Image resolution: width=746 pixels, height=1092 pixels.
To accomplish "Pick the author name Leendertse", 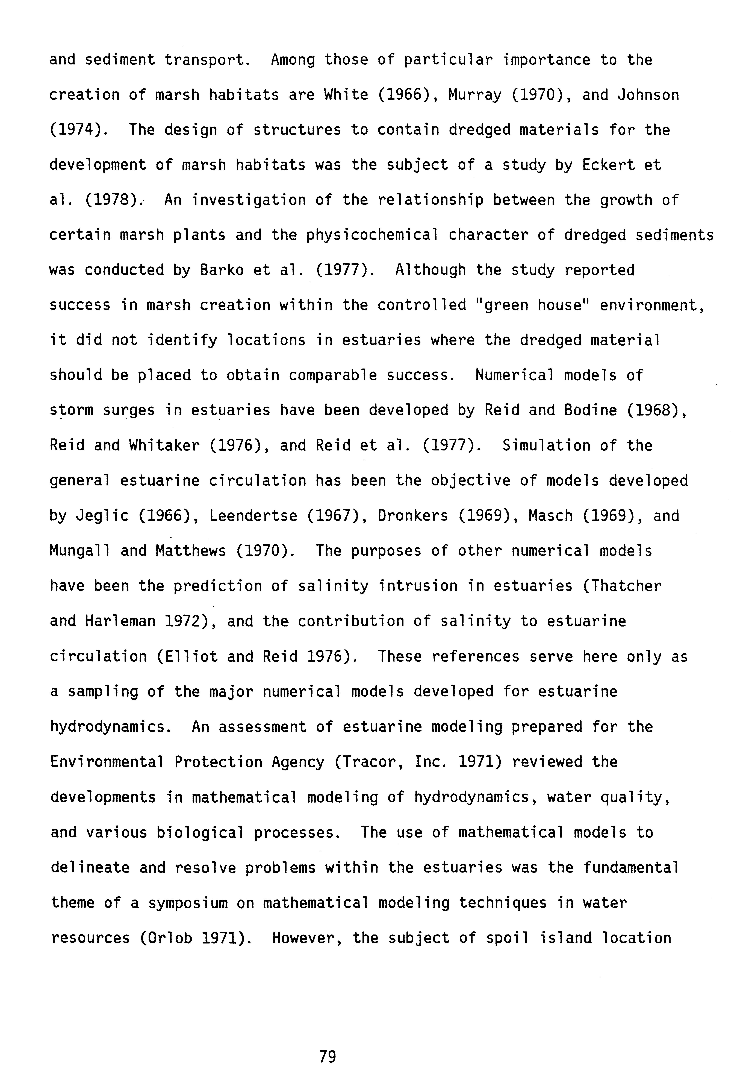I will click(253, 516).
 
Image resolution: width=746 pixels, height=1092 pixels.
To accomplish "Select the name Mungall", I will click(80, 551).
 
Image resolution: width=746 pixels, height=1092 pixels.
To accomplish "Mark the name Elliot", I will click(190, 656).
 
